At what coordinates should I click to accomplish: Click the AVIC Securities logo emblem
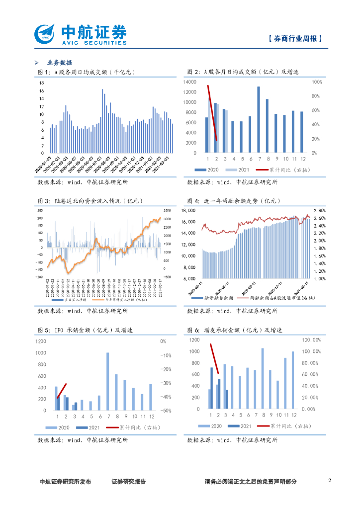pyautogui.click(x=46, y=34)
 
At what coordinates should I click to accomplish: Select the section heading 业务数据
pyautogui.click(x=59, y=63)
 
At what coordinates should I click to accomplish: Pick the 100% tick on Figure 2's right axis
pyautogui.click(x=317, y=82)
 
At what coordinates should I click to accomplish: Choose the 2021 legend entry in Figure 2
pyautogui.click(x=238, y=170)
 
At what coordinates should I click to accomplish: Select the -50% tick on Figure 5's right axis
pyautogui.click(x=166, y=411)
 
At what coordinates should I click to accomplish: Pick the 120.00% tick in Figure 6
pyautogui.click(x=311, y=340)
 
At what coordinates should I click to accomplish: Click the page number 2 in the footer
pyautogui.click(x=330, y=481)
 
